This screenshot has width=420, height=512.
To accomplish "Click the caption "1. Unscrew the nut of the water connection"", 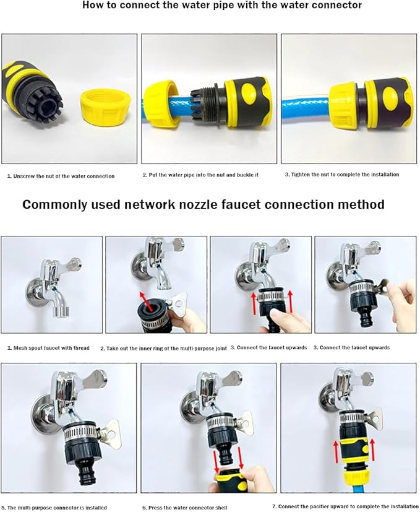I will pos(61,176).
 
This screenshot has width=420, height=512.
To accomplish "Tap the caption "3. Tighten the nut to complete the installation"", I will pos(342,175).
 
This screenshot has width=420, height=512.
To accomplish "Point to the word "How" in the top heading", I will pos(93,5).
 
